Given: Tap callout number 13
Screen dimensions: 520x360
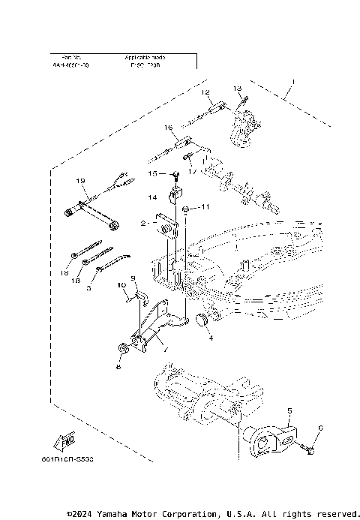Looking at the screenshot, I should coord(238,89).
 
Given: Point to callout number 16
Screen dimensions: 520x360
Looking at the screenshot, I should coord(169,128).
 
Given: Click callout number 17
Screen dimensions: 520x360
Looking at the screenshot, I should coord(193,171).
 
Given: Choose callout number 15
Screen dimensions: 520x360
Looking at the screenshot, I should coord(152,173).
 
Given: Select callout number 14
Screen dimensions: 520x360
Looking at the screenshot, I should coord(151,197).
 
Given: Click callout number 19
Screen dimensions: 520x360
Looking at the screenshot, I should coord(79,182).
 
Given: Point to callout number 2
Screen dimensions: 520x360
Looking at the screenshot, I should coord(142,223).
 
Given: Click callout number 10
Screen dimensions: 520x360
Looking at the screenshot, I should coord(121,286).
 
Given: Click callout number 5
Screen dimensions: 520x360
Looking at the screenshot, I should coord(290,411).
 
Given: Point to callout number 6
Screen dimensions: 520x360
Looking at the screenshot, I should coord(321,428).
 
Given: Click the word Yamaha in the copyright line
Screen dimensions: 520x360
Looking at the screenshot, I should coord(116,513).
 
